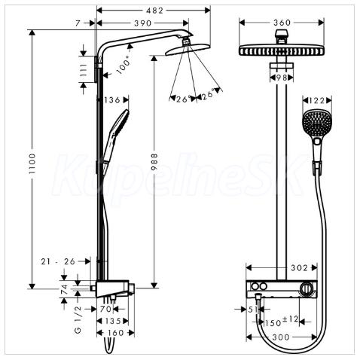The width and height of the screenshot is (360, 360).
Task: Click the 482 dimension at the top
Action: click(154, 11)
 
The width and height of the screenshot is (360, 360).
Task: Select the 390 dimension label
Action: click(143, 23)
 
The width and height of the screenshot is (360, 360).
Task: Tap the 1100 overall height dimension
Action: click(32, 164)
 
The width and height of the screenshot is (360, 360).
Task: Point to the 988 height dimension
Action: click(154, 162)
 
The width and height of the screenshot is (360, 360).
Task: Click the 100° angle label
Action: click(124, 65)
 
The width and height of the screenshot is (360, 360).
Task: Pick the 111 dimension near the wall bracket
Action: click(84, 70)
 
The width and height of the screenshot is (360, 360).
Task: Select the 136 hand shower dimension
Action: click(112, 100)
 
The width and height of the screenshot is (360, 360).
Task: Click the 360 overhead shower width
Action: click(282, 23)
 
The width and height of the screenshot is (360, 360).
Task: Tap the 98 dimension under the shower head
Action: click(282, 78)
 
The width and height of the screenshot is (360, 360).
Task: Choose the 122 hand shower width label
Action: click(317, 100)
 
